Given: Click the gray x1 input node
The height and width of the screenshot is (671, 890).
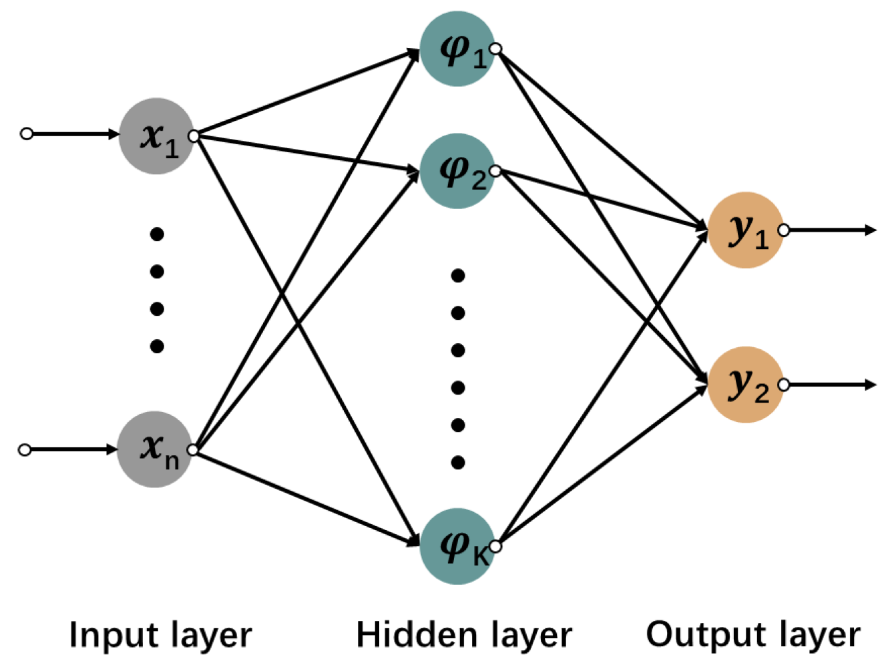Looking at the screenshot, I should (x=156, y=136).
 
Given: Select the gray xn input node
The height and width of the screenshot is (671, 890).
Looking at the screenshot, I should (x=154, y=449).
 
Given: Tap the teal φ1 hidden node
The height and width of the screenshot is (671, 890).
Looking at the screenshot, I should (x=457, y=49).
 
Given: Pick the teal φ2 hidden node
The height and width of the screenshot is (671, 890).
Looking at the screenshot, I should (x=457, y=171).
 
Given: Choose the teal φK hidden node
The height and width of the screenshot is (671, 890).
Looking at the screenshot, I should (x=457, y=546).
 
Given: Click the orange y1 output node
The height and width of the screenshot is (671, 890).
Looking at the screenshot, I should (x=745, y=230).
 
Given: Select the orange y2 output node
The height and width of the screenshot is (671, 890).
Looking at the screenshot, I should (x=745, y=385).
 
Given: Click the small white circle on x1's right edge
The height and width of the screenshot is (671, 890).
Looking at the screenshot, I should (x=194, y=136).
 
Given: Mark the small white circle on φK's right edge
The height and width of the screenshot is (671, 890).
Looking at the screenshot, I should (x=495, y=547).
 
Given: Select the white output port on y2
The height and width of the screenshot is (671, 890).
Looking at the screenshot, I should (x=784, y=385).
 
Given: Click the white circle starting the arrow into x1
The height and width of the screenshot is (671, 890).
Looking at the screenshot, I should (x=27, y=134).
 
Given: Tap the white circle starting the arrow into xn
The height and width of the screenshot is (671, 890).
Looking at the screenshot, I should (x=25, y=450).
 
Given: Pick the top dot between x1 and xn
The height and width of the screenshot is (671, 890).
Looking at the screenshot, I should (x=157, y=234).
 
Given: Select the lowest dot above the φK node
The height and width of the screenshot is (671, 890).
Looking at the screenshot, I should (x=458, y=462).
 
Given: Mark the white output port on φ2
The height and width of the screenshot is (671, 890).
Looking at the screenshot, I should (x=495, y=172).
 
